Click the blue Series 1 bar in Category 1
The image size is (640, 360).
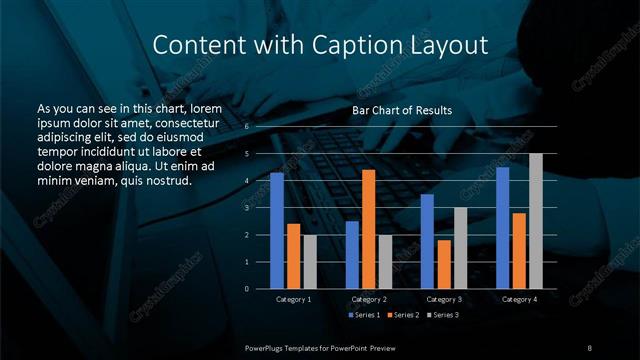click(277, 231)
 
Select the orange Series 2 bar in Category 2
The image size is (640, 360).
click(368, 229)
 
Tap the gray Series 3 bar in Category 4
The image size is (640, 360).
click(535, 221)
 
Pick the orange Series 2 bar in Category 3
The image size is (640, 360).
click(443, 264)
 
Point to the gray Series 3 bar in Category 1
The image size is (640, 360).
click(309, 262)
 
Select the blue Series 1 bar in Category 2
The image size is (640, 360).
click(352, 255)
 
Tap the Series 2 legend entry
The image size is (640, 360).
click(402, 315)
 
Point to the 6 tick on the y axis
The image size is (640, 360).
click(246, 127)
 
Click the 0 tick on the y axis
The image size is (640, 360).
click(246, 289)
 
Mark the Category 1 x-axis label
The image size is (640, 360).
click(293, 299)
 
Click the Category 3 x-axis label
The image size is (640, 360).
click(443, 299)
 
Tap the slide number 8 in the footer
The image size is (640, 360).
click(589, 347)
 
